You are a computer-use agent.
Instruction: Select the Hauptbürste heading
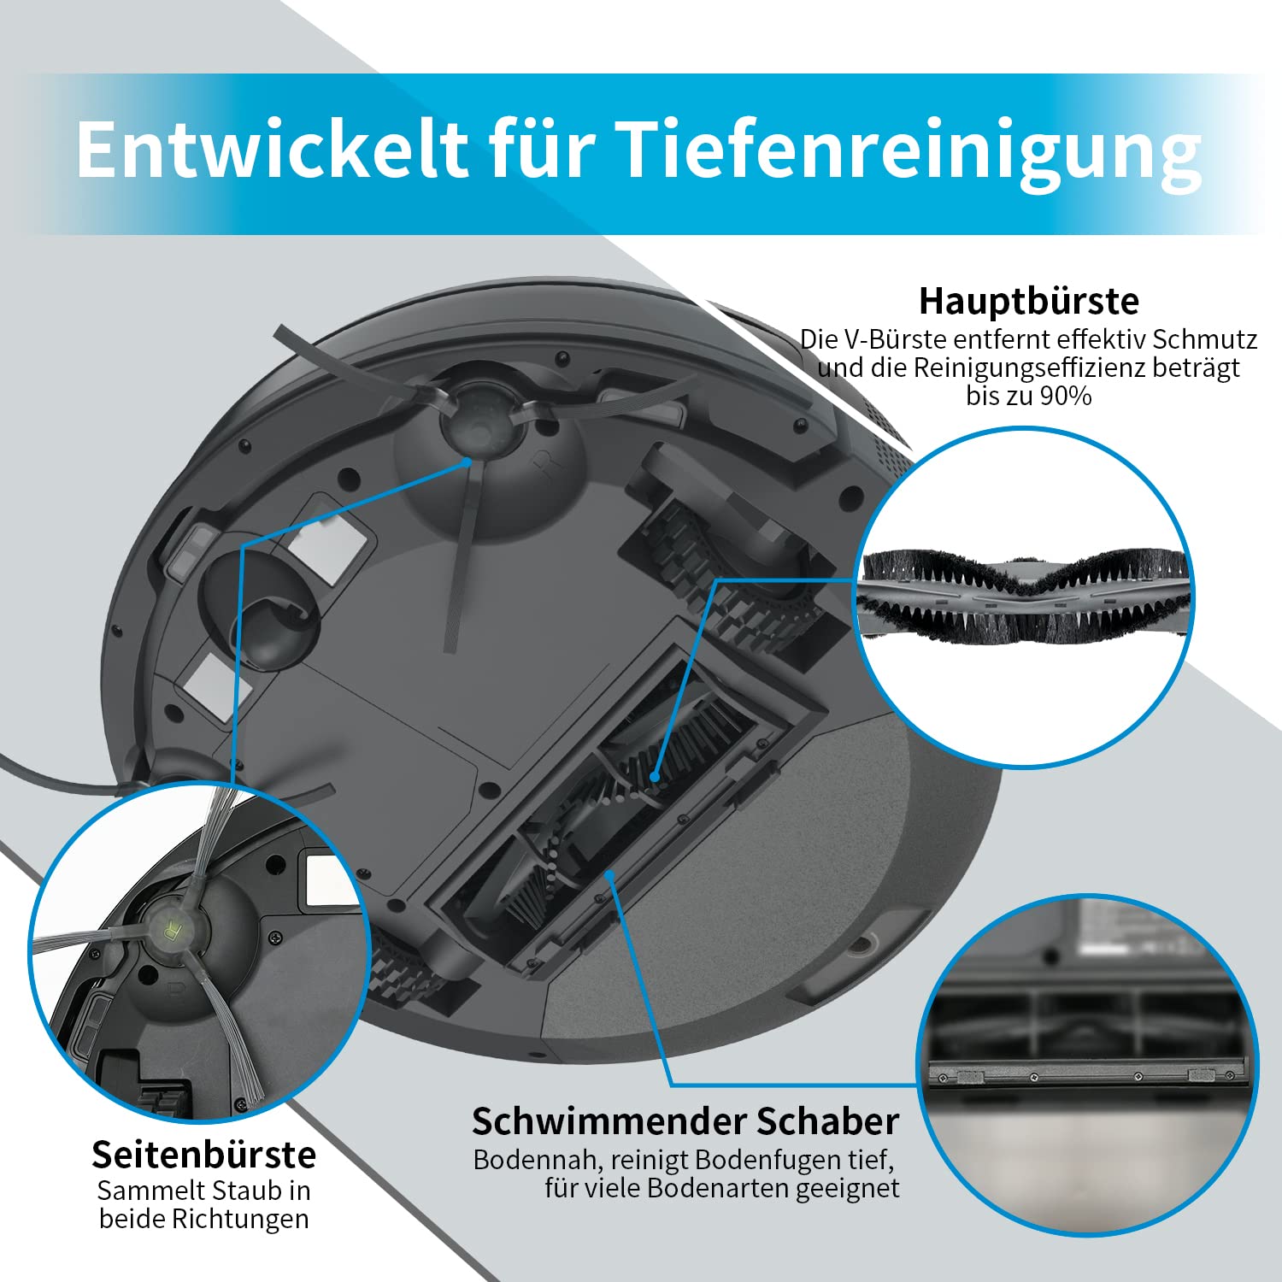pyautogui.click(x=1029, y=301)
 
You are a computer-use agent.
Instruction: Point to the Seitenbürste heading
pyautogui.click(x=204, y=1155)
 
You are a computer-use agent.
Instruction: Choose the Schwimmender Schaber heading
pyautogui.click(x=685, y=1120)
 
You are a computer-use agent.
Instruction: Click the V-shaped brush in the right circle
pyautogui.click(x=1025, y=597)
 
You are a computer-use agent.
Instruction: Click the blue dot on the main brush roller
pyautogui.click(x=654, y=777)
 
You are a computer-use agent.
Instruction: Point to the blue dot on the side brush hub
pyautogui.click(x=468, y=461)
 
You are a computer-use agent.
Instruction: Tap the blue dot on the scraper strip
pyautogui.click(x=609, y=873)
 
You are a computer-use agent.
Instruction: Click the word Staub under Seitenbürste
pyautogui.click(x=248, y=1191)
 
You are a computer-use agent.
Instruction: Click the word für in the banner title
pyautogui.click(x=542, y=149)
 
